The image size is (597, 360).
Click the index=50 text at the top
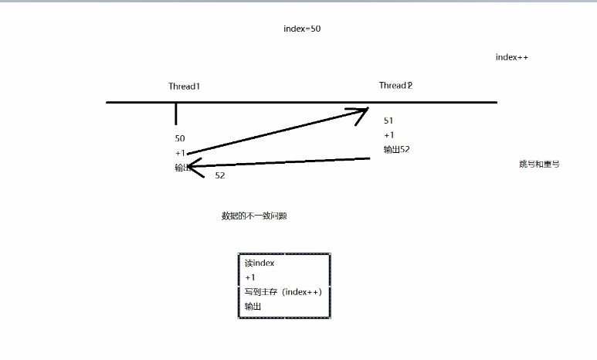pos(302,29)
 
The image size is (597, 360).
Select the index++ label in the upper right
pos(511,57)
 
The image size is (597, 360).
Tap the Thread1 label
pos(185,87)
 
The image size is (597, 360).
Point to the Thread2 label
pos(395,85)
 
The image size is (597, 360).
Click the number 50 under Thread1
pos(180,138)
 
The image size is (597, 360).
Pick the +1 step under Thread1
pos(180,153)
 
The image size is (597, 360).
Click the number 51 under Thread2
pos(388,121)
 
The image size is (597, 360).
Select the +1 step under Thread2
pos(388,135)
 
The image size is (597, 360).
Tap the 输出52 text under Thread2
pos(396,149)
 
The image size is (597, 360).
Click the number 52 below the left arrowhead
pos(220,175)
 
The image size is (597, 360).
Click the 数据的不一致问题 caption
pos(254,216)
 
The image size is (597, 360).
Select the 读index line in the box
pos(259,263)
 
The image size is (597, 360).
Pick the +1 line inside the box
pos(249,277)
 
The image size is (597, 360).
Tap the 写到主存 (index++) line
pos(283,292)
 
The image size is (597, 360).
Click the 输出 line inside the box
pos(253,307)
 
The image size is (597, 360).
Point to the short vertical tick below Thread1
pos(176,114)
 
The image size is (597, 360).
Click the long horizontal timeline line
pos(301,102)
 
